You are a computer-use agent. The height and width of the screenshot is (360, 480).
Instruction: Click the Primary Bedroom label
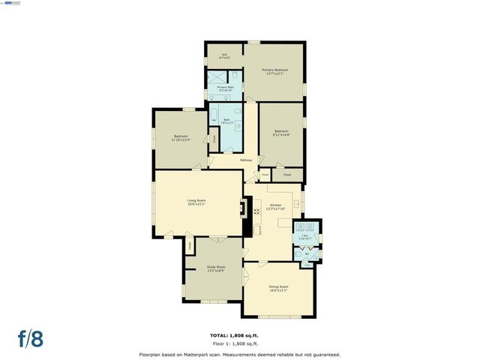coord(274,70)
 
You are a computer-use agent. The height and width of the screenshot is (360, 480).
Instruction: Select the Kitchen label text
coord(275,205)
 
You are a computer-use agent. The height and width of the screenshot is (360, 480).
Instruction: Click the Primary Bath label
coord(225,88)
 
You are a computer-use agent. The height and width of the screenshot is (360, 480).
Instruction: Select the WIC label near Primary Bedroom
coord(223,54)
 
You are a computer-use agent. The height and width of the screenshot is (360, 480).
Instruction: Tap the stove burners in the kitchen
coord(296,202)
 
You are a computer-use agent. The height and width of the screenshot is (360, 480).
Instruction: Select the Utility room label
coord(305,236)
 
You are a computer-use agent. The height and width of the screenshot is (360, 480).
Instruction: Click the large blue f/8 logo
coord(31,337)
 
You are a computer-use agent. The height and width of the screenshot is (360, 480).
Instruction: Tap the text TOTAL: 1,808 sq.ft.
coord(238,334)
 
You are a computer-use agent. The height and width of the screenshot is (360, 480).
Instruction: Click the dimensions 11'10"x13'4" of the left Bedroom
coord(181,139)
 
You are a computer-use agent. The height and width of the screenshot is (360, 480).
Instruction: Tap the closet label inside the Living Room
coord(190,244)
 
